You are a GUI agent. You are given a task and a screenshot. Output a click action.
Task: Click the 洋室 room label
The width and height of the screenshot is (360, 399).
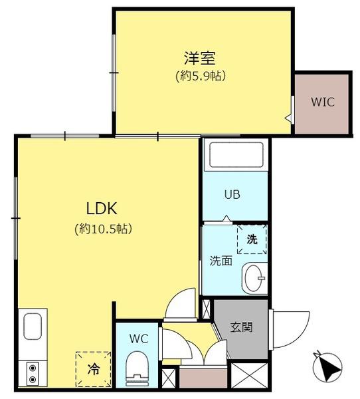coord(200,58)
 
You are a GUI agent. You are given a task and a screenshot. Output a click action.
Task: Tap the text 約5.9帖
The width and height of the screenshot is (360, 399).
coord(201,76)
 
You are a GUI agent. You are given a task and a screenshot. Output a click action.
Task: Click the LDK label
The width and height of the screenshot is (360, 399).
coord(102,208)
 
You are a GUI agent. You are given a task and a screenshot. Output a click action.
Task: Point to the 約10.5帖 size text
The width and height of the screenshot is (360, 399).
coord(103,229)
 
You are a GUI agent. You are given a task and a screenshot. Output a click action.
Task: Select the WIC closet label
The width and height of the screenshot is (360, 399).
coord(323,102)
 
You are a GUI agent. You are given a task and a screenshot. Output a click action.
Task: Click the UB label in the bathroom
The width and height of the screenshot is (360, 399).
coord(232,195)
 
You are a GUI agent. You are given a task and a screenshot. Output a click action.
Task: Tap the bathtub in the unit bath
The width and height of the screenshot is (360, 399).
coord(236,154)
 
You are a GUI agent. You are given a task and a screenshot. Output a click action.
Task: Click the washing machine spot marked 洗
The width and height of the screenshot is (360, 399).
coord(252,239)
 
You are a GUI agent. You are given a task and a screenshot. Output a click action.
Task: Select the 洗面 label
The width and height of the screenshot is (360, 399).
coord(221,261)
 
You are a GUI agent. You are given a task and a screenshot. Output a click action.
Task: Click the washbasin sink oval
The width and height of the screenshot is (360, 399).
coord(253,278)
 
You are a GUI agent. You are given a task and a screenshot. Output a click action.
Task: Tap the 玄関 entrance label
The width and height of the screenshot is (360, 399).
coord(241,327)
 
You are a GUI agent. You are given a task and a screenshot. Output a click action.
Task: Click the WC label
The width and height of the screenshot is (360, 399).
coord(139,338)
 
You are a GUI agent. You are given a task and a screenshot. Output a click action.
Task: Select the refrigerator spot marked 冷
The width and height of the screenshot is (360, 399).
coord(93,369)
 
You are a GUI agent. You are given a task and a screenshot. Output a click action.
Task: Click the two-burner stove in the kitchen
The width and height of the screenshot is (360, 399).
coord(33,374)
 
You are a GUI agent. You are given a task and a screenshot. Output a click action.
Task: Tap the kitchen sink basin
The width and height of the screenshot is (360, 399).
coord(33,327)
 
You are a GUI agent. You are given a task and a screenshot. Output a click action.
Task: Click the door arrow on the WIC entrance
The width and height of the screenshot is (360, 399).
coord(288,118)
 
